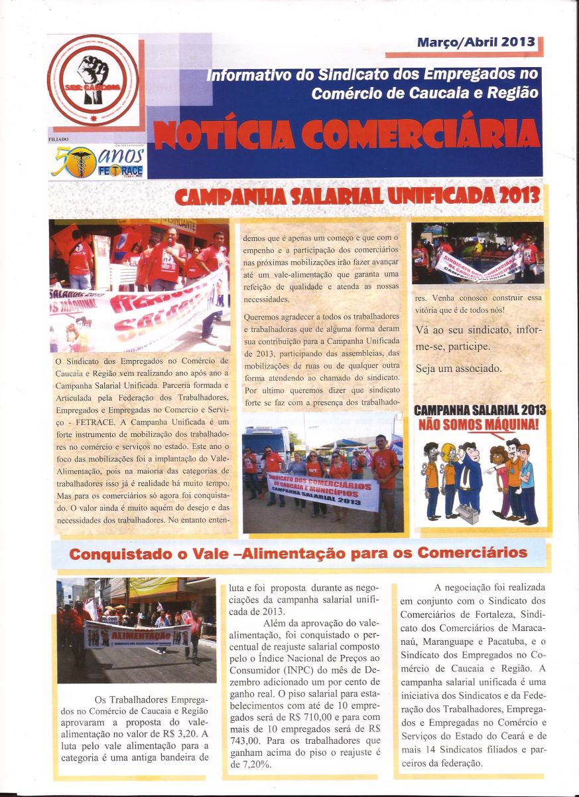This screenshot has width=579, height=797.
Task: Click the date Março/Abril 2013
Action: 476,42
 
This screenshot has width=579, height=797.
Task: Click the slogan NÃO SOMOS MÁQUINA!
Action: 478,423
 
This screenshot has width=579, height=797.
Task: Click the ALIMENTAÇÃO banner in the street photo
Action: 138,635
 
